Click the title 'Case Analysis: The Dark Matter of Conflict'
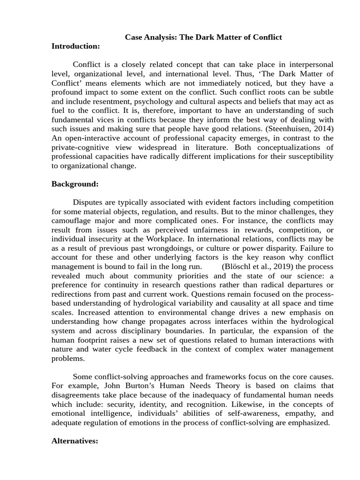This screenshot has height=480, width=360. point(203,37)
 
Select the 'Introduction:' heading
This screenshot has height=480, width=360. point(75,46)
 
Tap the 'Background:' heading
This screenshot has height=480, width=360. point(75,184)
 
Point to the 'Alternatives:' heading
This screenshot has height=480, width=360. point(75,441)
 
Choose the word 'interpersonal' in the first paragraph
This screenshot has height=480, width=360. point(309,64)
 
